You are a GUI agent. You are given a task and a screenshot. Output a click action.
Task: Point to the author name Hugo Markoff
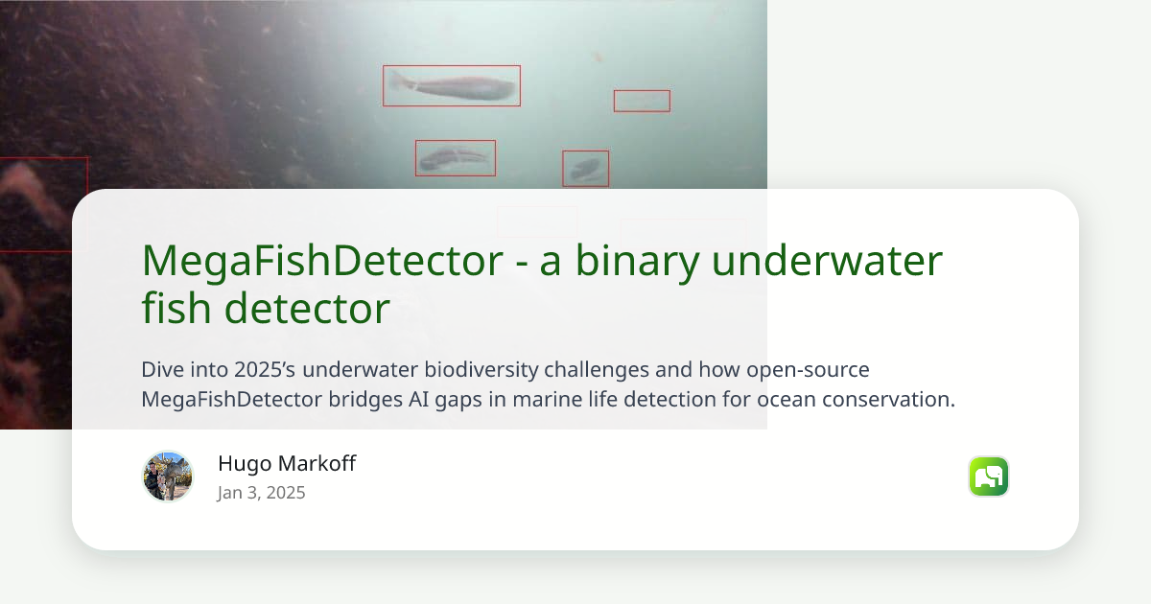[x=287, y=464]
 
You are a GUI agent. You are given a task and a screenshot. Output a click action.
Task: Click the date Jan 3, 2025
[x=261, y=493]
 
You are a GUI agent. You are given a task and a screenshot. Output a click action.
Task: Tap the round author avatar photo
[x=168, y=476]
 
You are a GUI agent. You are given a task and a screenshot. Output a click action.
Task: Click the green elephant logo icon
[x=988, y=476]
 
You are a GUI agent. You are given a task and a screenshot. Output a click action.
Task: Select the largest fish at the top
[x=452, y=86]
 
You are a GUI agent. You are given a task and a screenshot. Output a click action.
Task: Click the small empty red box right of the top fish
[x=642, y=101]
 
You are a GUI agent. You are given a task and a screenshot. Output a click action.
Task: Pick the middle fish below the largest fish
[x=455, y=158]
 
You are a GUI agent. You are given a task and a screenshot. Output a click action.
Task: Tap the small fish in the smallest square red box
[x=585, y=169]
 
